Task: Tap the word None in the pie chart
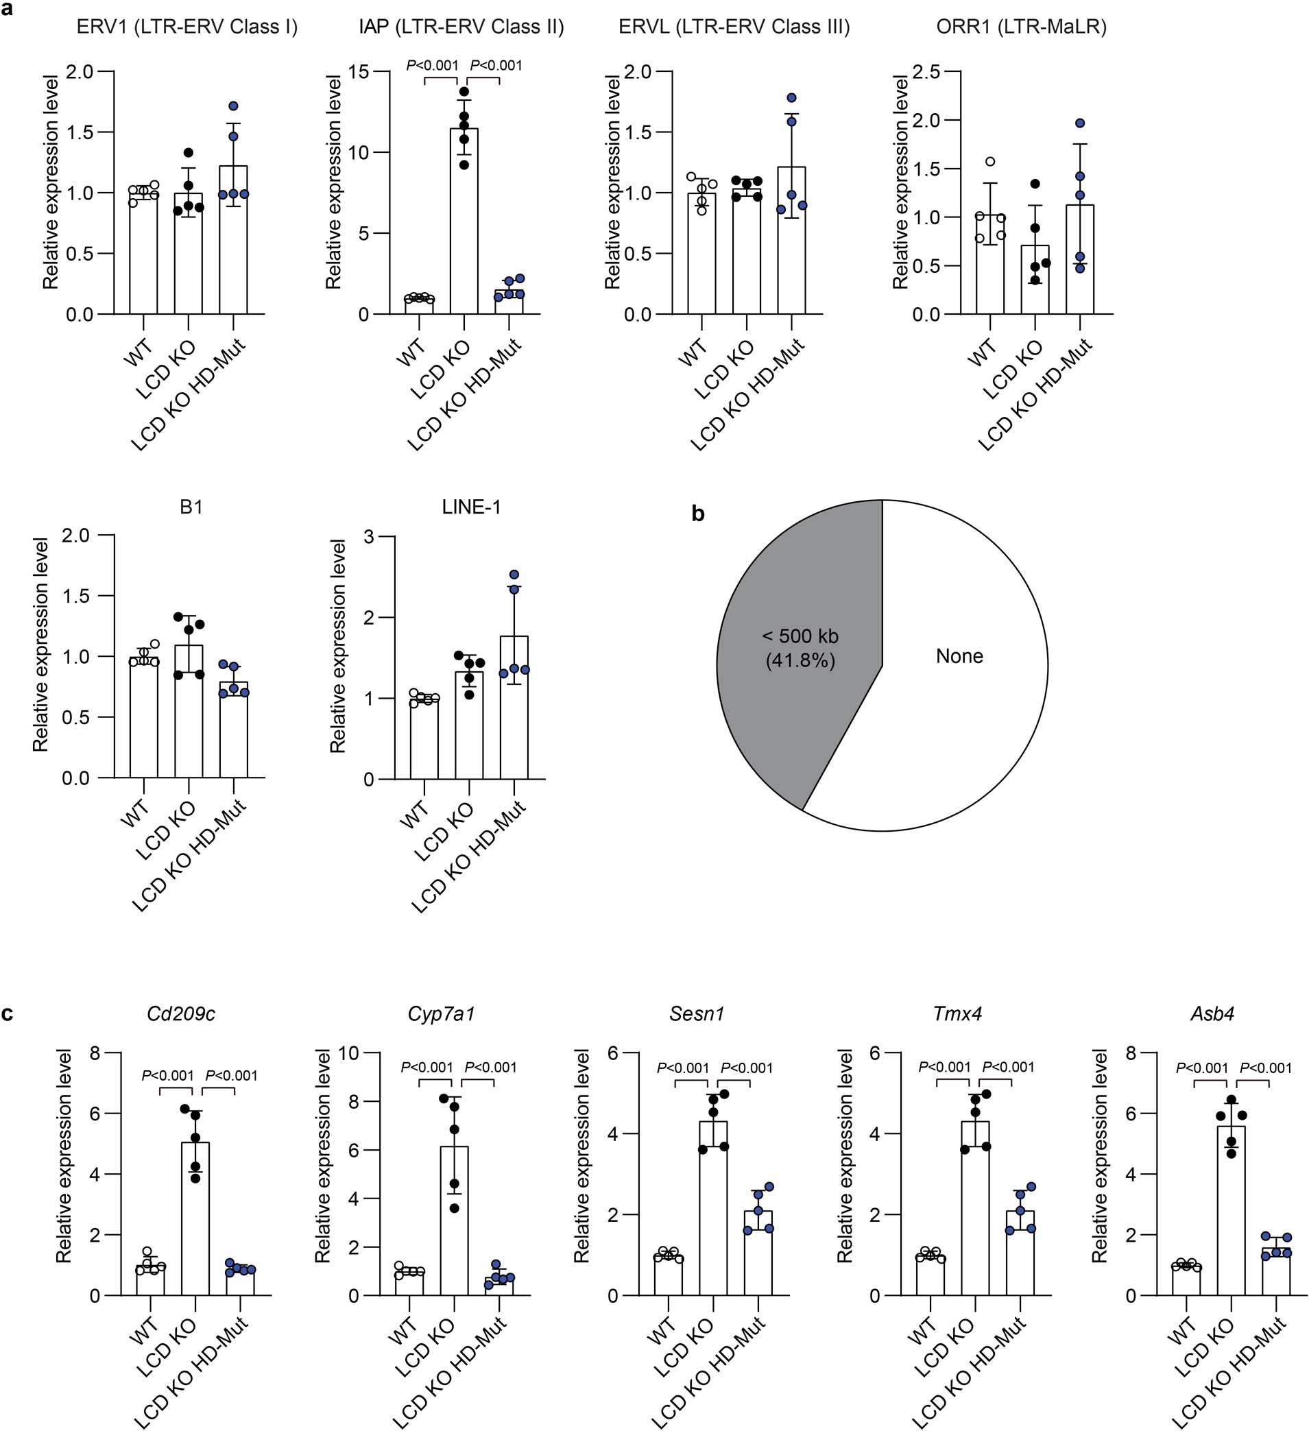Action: pyautogui.click(x=959, y=656)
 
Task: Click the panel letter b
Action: pyautogui.click(x=698, y=514)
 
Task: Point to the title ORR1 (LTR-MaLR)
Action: pyautogui.click(x=1022, y=27)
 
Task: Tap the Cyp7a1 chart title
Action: pyautogui.click(x=441, y=1013)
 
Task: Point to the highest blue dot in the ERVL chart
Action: pyautogui.click(x=791, y=98)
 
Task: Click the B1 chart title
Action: pyautogui.click(x=191, y=507)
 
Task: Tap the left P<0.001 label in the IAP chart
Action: pyautogui.click(x=432, y=66)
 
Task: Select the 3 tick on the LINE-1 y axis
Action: pyautogui.click(x=368, y=537)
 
